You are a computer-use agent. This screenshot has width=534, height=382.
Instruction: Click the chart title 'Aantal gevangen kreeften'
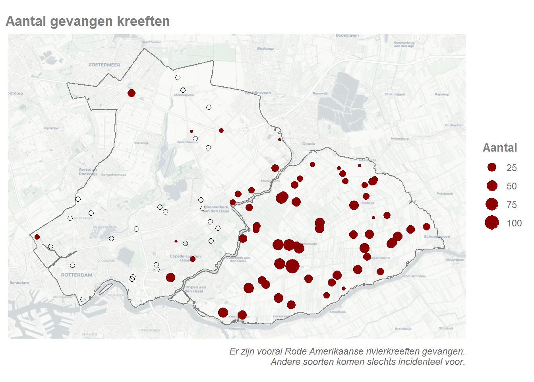point(88,21)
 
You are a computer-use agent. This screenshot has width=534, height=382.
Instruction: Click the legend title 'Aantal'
point(500,148)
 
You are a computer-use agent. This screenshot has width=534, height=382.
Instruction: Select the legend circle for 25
point(492,168)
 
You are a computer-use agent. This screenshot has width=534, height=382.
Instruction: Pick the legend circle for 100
point(492,223)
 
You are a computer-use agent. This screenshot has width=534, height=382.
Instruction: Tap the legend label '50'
point(511,186)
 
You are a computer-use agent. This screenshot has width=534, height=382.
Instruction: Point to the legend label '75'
point(511,205)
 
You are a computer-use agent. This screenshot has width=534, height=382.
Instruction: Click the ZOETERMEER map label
point(104,65)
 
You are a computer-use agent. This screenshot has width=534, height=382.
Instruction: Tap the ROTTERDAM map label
point(77,275)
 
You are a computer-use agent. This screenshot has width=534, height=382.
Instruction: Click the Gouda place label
point(308,144)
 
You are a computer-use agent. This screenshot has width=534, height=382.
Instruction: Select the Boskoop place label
point(265,49)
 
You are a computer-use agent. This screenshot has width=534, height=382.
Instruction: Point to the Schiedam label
point(19,283)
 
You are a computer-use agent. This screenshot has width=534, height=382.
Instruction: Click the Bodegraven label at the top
point(347,36)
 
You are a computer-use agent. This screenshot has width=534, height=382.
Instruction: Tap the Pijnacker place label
point(52,128)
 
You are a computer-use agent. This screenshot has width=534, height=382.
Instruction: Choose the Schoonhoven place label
point(437,236)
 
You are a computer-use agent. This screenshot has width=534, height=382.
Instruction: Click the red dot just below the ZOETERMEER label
point(132,93)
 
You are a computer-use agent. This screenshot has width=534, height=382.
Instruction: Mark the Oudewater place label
point(454,125)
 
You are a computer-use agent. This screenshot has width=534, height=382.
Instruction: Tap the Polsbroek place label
point(445,194)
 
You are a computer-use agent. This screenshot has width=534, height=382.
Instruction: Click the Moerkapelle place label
point(184,95)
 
